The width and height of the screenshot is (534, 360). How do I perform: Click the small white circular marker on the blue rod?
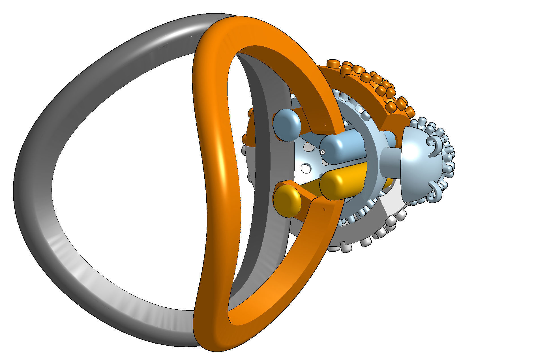[323, 152]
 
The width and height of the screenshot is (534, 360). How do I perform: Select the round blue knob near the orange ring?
[287, 125]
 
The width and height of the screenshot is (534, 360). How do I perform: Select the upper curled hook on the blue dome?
[435, 147]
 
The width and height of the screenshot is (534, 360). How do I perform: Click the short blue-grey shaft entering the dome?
[391, 164]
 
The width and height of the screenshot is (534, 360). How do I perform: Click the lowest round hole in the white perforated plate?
[305, 168]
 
